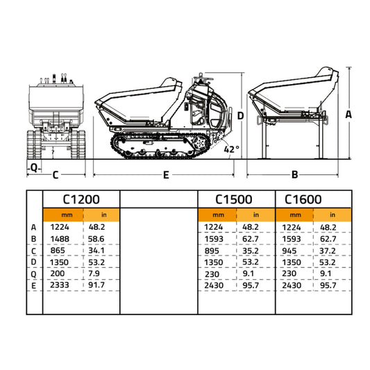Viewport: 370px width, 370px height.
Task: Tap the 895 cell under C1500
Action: point(212,249)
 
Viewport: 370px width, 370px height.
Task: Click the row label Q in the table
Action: point(33,273)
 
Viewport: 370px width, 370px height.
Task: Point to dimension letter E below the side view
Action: point(166,176)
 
